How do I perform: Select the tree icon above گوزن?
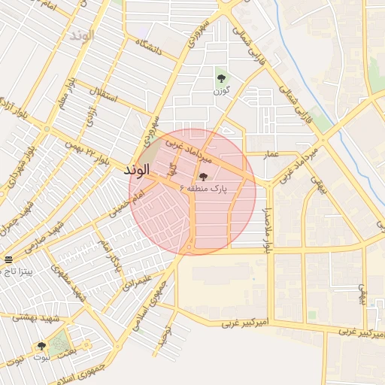220,78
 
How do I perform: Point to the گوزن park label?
220,91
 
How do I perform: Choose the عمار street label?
271,154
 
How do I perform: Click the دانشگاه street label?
148,48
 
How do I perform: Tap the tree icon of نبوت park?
41,346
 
